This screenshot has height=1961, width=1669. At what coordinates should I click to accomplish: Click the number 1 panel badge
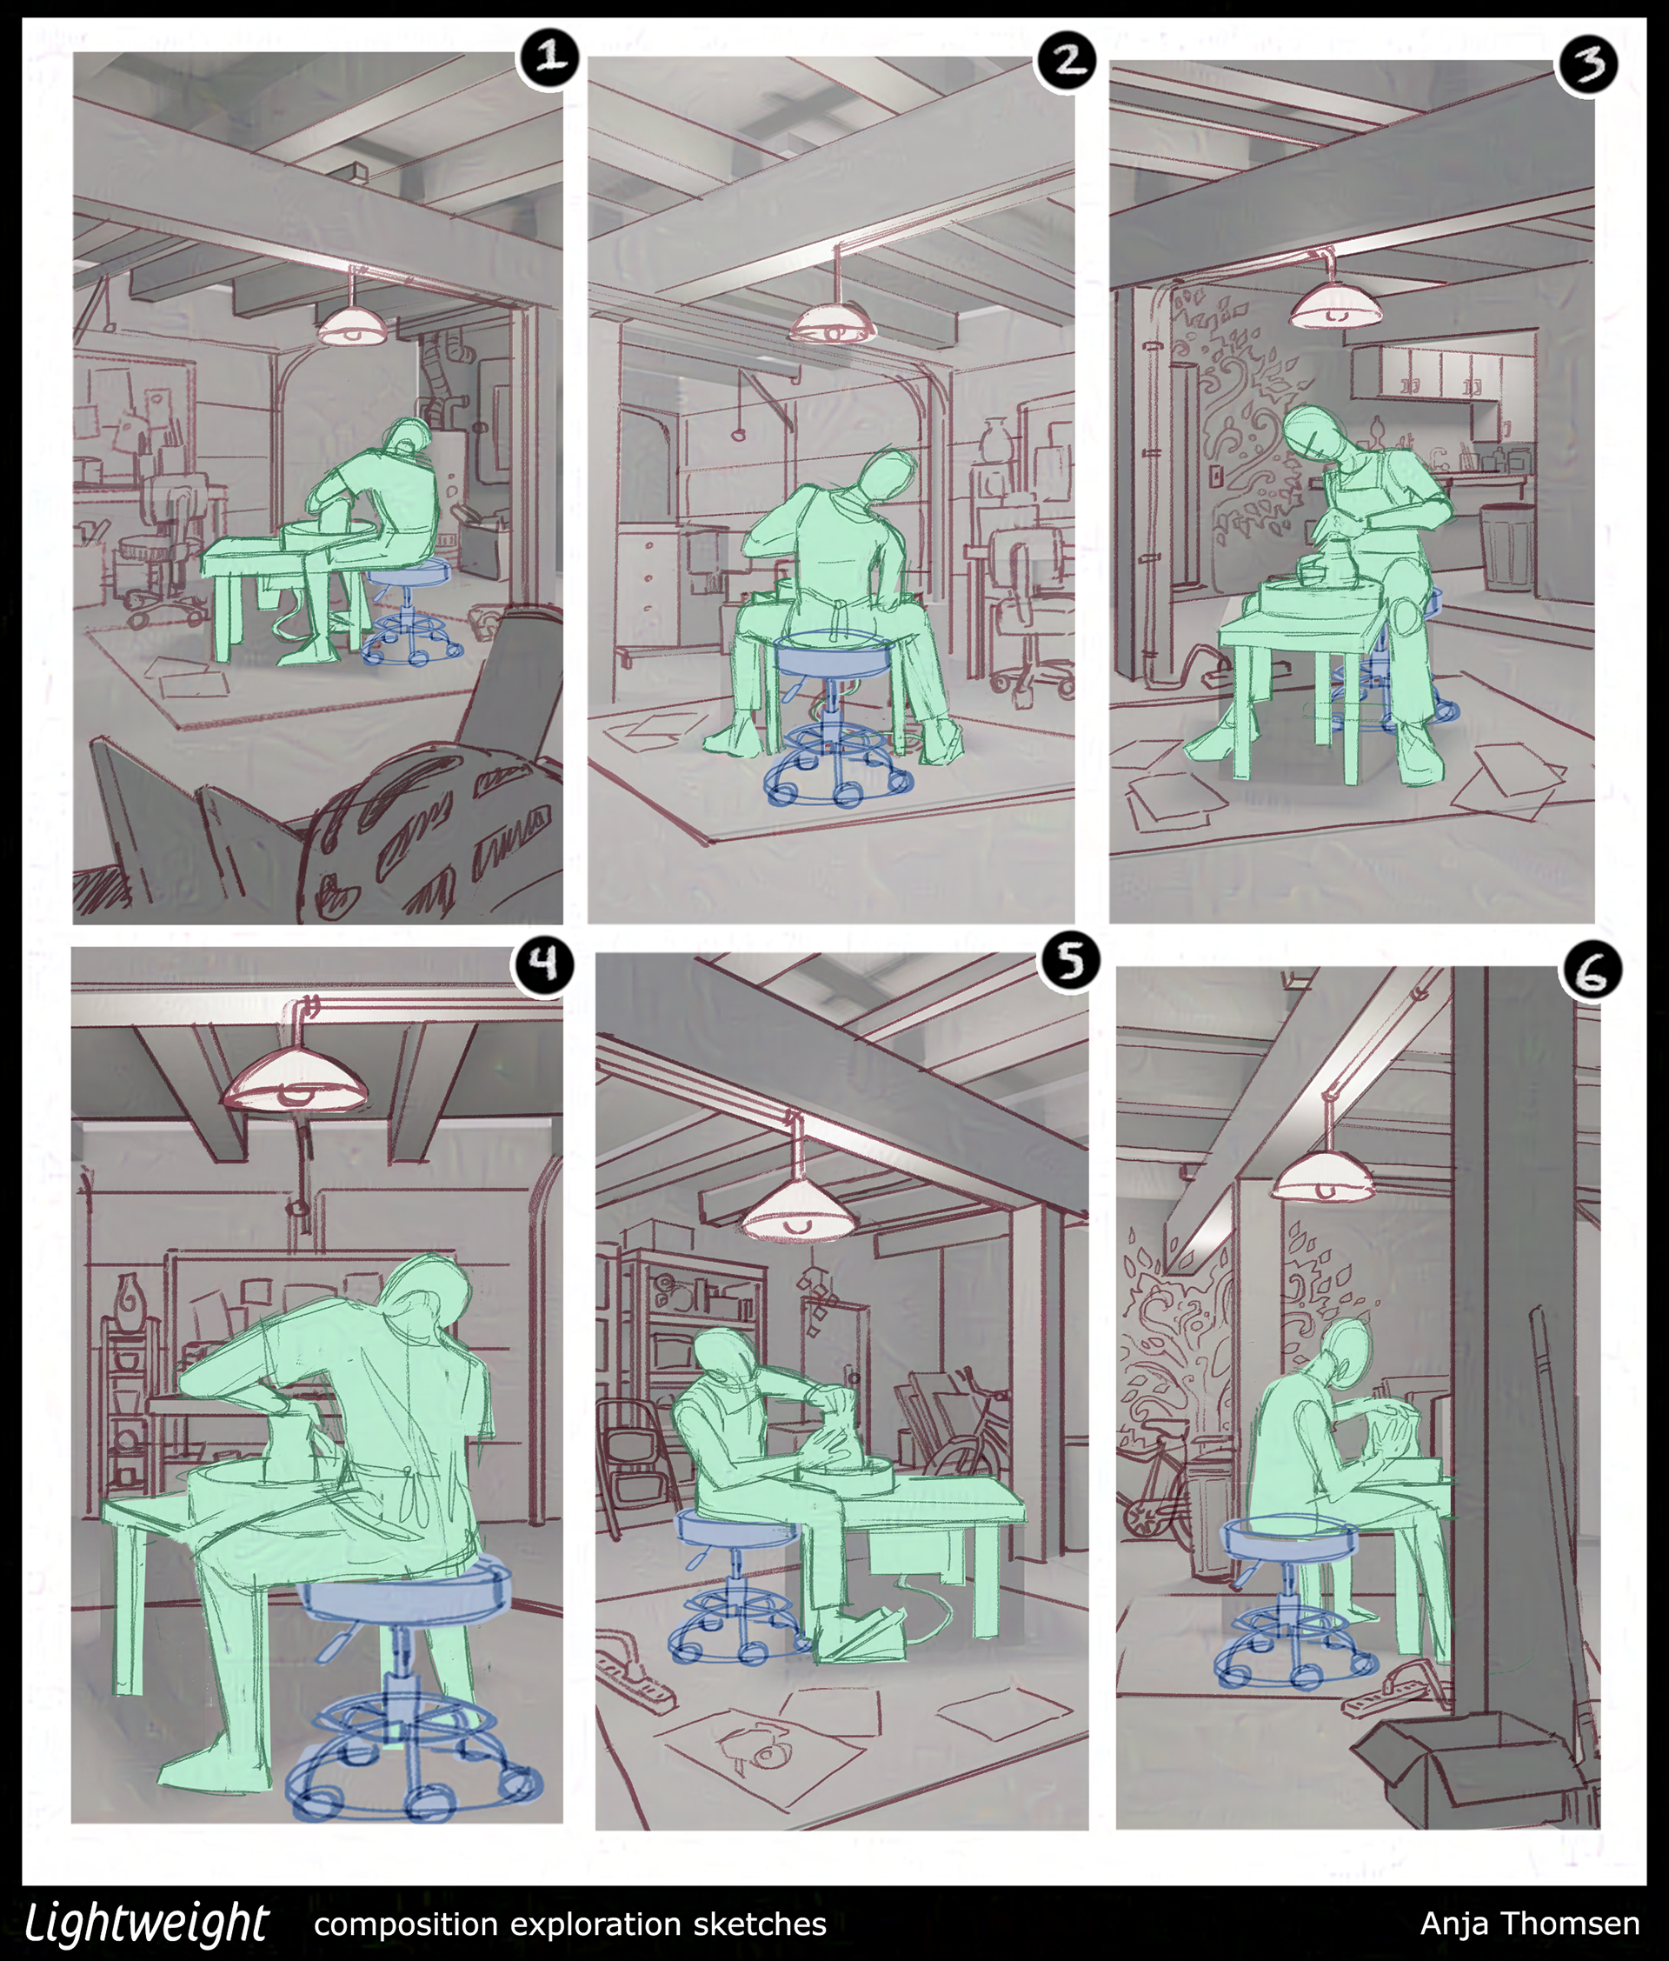[x=547, y=57]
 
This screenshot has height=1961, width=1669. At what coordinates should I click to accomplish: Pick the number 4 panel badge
[x=542, y=964]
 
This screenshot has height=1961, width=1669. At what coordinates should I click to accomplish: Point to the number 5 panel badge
[x=1069, y=963]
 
